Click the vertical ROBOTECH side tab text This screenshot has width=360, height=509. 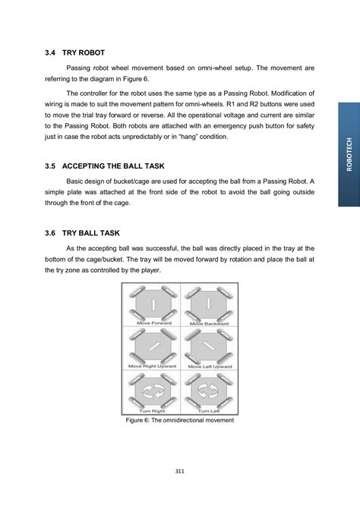pos(349,154)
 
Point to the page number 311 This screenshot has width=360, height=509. pos(180,471)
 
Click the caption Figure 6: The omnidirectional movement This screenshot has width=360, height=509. pos(180,420)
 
